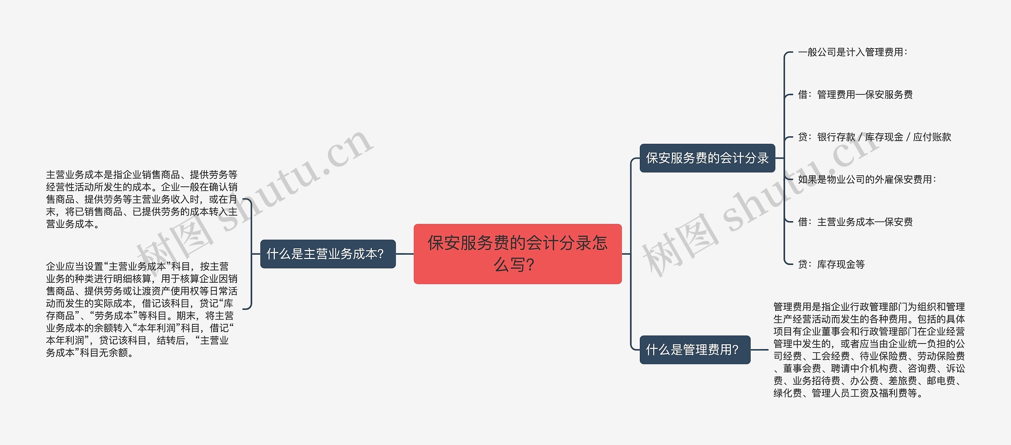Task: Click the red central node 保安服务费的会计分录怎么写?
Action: [517, 253]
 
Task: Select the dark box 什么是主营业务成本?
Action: [328, 254]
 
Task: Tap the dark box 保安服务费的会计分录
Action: [707, 158]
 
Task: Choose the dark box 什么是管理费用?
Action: [695, 349]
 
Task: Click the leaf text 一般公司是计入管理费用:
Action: [852, 52]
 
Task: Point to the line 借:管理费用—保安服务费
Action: [855, 95]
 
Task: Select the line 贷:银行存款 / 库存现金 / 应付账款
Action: [874, 137]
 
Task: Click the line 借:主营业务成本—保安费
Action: [855, 222]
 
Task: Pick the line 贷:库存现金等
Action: [831, 264]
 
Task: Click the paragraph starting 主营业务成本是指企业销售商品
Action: [141, 199]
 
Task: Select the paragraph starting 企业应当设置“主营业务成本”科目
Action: [141, 309]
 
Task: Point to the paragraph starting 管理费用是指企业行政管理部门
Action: [869, 349]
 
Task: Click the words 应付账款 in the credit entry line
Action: [932, 137]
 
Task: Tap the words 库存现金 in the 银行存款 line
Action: [884, 137]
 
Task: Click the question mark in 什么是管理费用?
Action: [735, 349]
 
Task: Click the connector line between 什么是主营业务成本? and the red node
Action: [404, 254]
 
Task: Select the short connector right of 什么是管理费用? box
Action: [759, 349]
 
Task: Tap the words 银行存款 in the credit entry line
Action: [836, 137]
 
